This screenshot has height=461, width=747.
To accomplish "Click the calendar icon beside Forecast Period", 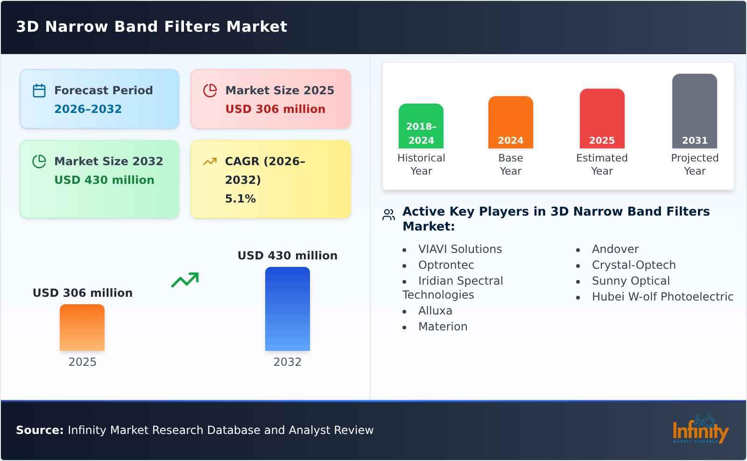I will point(39,91).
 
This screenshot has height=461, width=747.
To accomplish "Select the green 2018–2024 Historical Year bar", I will point(421,126).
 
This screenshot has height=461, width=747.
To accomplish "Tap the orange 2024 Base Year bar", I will point(510,122).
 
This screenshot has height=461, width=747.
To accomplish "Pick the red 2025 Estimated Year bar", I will point(602,119).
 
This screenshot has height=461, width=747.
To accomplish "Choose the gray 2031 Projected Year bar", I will point(694,111).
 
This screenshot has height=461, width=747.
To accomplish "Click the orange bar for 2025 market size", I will point(82,328).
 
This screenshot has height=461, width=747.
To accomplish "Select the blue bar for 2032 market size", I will point(287,309).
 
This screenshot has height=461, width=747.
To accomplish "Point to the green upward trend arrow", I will point(185,280).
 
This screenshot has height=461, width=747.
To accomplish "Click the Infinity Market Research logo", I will point(700,429).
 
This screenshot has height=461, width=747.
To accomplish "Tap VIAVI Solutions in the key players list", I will point(460,249).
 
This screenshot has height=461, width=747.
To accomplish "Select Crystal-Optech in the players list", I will point(634,265).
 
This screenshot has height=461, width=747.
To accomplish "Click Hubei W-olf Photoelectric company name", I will point(662,297).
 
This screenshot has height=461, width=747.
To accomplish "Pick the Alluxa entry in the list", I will point(435,311).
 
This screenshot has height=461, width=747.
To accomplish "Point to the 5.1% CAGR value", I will point(240,199).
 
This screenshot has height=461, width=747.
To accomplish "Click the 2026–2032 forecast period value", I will point(88,109).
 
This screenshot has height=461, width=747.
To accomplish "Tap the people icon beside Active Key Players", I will point(388,215).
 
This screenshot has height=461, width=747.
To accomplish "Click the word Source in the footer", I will point(39,430).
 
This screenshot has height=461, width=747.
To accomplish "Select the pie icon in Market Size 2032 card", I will point(39,161).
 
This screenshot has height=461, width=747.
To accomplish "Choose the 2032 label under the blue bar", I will point(287,362).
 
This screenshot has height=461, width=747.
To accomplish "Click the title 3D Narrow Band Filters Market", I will point(152,27).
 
